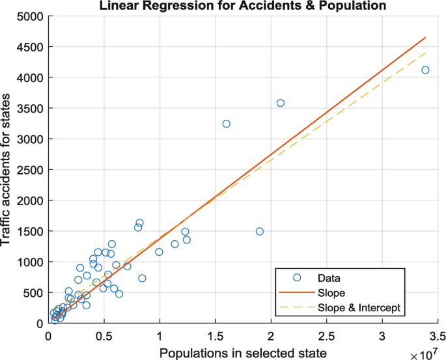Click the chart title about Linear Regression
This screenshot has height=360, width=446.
click(x=243, y=6)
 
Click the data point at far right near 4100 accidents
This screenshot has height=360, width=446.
click(x=425, y=70)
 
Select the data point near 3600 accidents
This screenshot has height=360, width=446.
click(x=281, y=103)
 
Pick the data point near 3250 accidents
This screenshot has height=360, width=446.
click(x=227, y=124)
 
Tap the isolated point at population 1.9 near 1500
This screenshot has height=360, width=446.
click(x=260, y=231)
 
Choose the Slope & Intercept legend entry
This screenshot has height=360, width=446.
click(x=363, y=307)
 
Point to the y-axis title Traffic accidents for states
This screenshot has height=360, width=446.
click(x=8, y=169)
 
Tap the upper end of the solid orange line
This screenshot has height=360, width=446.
click(x=425, y=38)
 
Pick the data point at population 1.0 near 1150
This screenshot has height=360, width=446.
click(x=159, y=252)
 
